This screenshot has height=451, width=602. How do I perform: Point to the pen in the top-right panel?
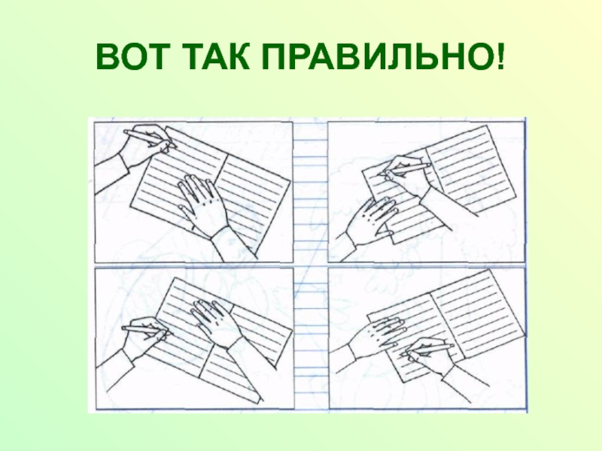tap(405, 168)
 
